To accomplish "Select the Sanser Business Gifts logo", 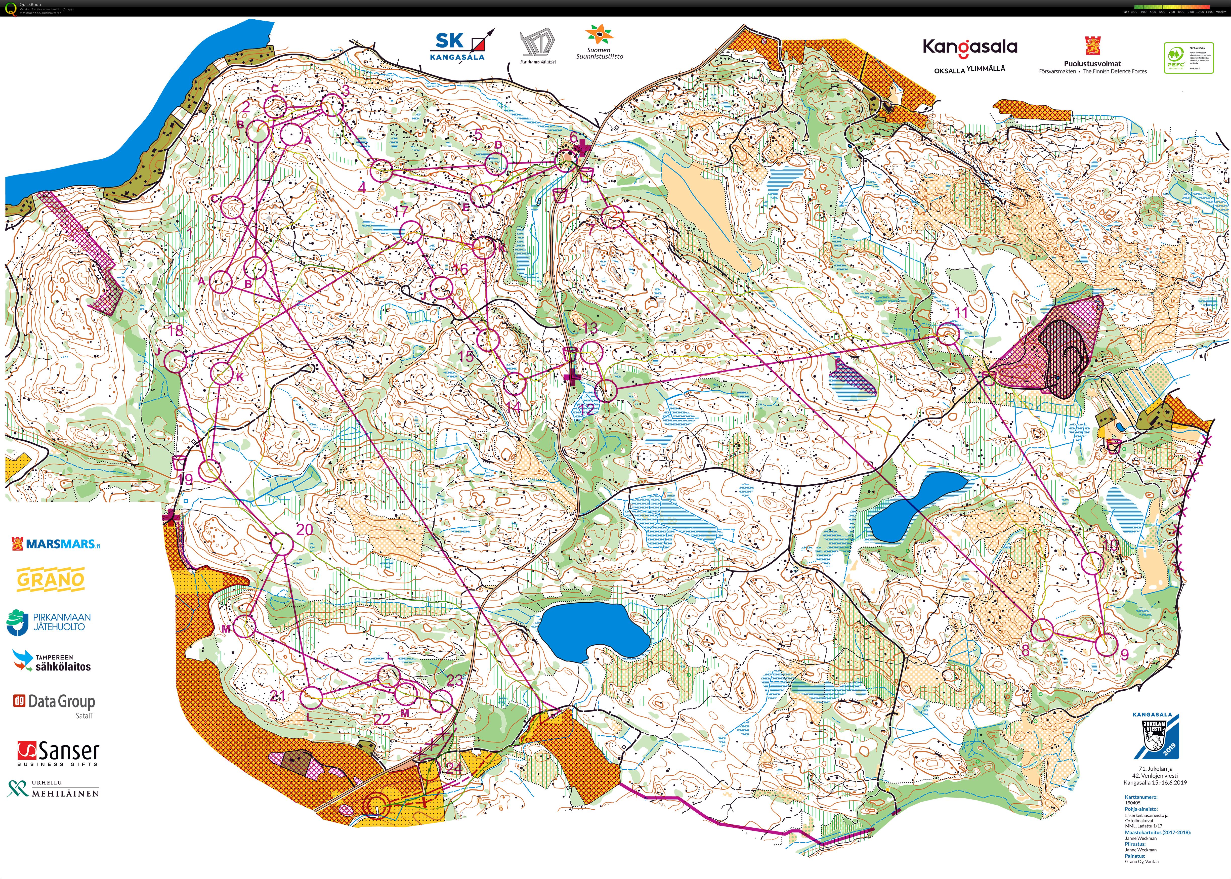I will pos(58,753).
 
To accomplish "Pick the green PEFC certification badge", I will pos(1188,58).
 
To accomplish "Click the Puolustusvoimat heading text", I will pos(1092,63).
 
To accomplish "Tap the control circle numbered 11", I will pos(948,334).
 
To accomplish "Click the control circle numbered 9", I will pos(1107,645).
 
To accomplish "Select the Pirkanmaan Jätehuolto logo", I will pos(49,622).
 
